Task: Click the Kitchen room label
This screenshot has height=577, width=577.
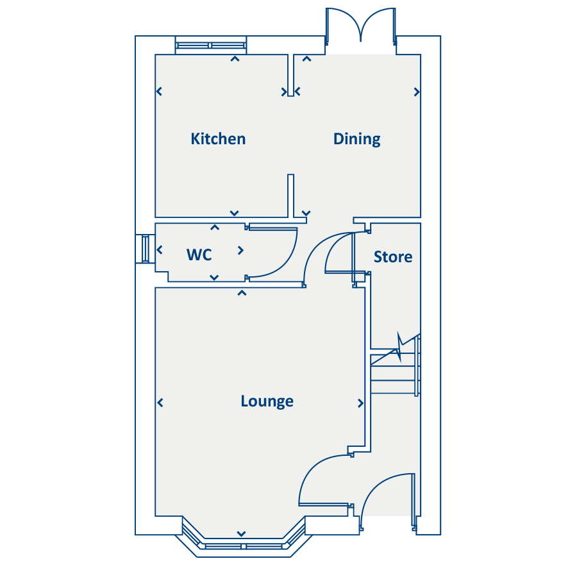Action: [x=218, y=138]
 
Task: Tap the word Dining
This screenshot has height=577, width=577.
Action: [x=356, y=139]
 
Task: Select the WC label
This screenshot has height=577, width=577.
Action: [x=199, y=255]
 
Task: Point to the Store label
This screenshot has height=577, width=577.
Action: [x=392, y=257]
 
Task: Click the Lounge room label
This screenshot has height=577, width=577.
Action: [x=267, y=401]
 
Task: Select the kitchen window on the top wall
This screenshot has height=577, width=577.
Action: [x=211, y=45]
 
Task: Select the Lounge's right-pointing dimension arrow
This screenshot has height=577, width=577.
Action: [x=361, y=403]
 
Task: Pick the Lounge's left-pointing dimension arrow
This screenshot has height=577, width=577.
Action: [x=160, y=403]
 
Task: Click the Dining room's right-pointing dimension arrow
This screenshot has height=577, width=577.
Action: [x=417, y=92]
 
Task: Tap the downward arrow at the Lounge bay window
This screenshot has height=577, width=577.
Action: [x=242, y=533]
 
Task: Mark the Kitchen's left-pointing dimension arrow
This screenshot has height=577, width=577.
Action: [x=159, y=92]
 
